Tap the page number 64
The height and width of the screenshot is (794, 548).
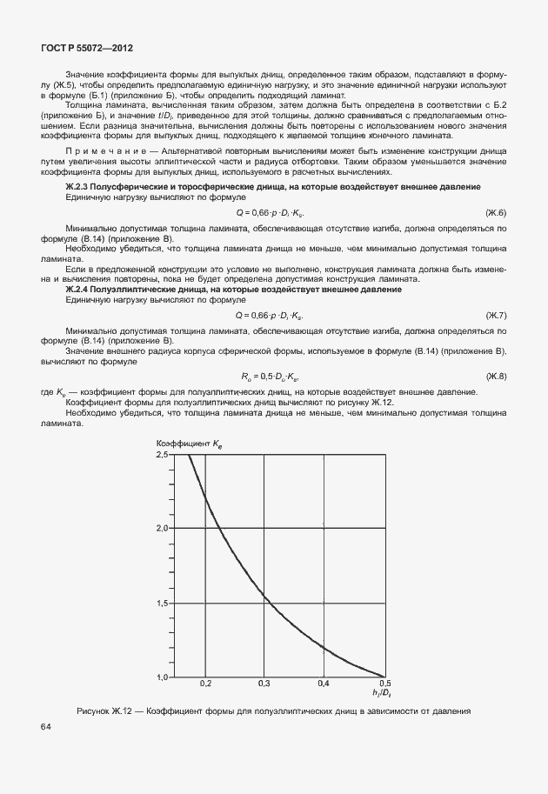pyautogui.click(x=44, y=725)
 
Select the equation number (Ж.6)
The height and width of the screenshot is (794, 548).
pyautogui.click(x=496, y=213)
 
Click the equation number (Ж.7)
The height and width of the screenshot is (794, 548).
pyautogui.click(x=496, y=314)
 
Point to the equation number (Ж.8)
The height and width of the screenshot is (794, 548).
pyautogui.click(x=496, y=375)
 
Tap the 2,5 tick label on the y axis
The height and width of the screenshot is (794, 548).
pyautogui.click(x=163, y=455)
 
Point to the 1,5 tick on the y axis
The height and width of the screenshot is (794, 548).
pyautogui.click(x=163, y=603)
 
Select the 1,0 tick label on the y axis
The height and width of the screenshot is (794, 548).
pyautogui.click(x=163, y=677)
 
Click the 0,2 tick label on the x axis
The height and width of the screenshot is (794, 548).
pyautogui.click(x=205, y=684)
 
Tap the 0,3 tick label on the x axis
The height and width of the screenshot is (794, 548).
pyautogui.click(x=265, y=684)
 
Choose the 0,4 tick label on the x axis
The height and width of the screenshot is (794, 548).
pyautogui.click(x=324, y=684)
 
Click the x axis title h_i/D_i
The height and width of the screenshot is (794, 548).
pyautogui.click(x=381, y=693)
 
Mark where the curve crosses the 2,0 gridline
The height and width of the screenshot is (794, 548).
pyautogui.click(x=218, y=528)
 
